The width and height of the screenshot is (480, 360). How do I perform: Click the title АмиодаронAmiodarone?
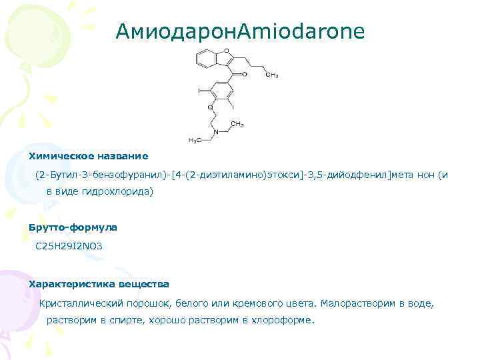click(240, 31)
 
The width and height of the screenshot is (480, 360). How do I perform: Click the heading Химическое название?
click(88, 156)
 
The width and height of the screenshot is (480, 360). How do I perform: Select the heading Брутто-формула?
click(73, 227)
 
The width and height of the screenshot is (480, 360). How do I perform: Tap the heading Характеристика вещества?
click(99, 284)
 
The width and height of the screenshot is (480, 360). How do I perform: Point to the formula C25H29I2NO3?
click(70, 246)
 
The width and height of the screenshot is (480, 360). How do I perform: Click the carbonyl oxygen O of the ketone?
click(244, 75)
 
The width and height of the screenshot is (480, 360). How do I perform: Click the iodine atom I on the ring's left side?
click(198, 89)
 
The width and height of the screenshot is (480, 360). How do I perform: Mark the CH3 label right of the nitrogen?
click(237, 124)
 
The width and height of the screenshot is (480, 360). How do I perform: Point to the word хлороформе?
click(284, 320)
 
